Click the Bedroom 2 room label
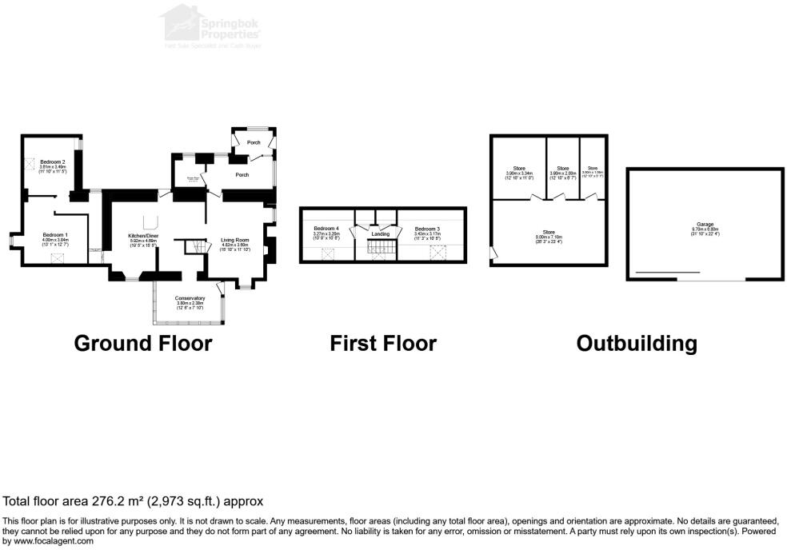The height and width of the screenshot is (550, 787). point(52,162)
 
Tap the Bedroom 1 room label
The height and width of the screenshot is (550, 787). point(55,235)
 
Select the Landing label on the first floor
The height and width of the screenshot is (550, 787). point(381,233)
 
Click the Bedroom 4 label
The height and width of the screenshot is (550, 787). point(326,229)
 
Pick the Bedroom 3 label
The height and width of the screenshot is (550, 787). point(427,229)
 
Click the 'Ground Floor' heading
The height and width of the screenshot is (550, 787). point(142,344)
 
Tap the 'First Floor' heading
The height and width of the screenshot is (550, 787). point(383,344)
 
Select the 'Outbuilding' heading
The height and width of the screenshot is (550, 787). point(637,344)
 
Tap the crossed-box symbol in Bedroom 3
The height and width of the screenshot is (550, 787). point(437,253)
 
